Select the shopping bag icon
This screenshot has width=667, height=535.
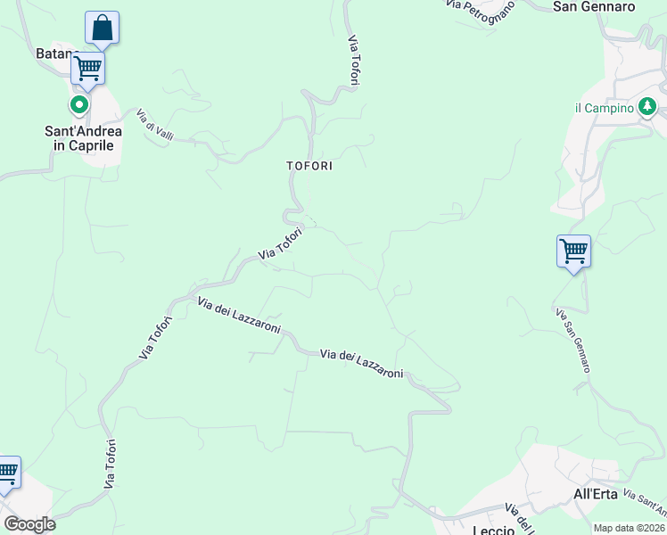(102, 28)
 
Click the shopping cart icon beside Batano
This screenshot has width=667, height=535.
(87, 67)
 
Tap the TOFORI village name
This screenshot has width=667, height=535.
(309, 166)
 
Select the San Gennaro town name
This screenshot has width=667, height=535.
(594, 6)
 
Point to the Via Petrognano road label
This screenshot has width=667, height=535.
(481, 12)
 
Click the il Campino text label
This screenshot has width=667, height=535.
(604, 108)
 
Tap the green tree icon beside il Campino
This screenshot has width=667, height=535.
(648, 108)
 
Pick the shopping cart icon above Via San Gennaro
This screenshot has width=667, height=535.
(573, 251)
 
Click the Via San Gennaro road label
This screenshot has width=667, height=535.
(572, 340)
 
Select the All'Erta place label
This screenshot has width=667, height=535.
(595, 493)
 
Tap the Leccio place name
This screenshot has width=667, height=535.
(493, 530)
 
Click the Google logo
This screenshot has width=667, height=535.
(29, 524)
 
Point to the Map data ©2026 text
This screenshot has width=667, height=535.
(630, 528)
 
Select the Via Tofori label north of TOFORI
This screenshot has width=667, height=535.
(354, 61)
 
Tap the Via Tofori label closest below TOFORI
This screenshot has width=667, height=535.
(281, 243)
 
